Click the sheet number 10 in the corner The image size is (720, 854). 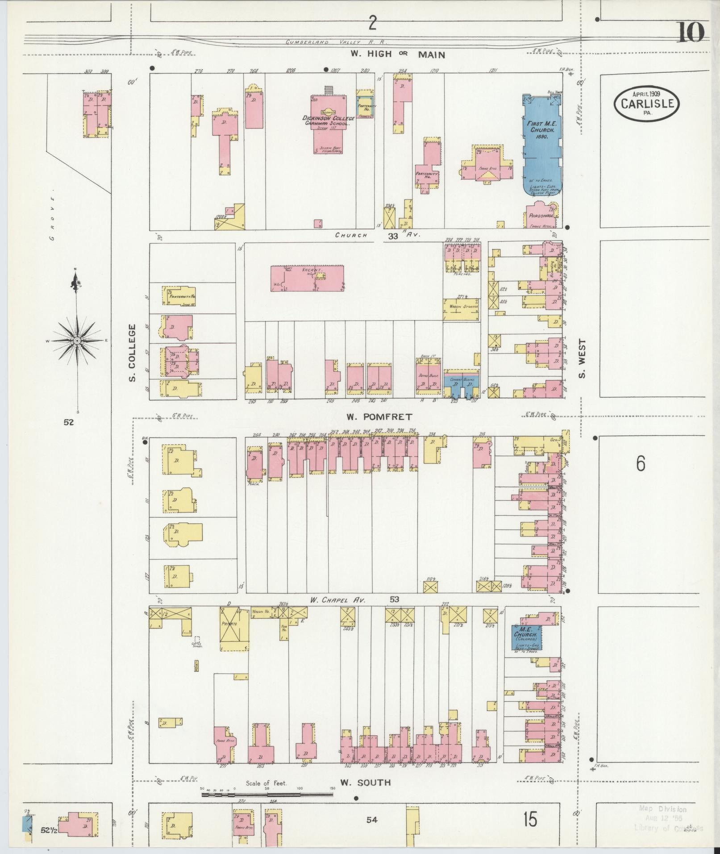[691, 32]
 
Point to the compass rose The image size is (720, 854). [77, 341]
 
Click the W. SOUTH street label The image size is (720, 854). [365, 783]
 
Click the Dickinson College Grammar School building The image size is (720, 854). [329, 123]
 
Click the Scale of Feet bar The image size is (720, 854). [268, 795]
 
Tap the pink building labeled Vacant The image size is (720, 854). [308, 279]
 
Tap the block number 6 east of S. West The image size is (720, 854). [641, 465]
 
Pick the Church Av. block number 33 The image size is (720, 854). [393, 236]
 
